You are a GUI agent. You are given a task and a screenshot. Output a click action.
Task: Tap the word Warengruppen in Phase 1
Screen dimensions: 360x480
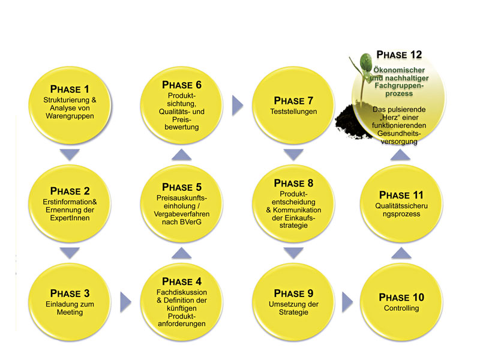(69, 116)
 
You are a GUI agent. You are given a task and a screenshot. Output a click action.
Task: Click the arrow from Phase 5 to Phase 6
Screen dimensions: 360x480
(181, 155)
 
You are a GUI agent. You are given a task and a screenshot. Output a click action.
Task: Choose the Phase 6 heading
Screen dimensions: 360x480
(181, 85)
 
